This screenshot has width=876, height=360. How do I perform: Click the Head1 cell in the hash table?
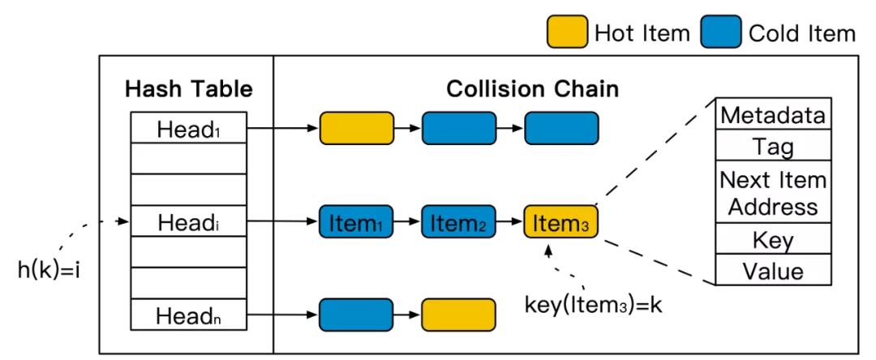[189, 127]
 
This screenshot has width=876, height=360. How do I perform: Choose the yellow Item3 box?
[560, 222]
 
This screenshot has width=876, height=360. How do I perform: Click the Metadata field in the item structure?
[773, 116]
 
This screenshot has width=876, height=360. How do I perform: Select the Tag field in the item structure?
[773, 147]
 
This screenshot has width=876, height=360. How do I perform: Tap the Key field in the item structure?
[773, 242]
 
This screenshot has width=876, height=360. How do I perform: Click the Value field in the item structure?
[773, 272]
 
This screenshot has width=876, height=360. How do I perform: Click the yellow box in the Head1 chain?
[356, 127]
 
